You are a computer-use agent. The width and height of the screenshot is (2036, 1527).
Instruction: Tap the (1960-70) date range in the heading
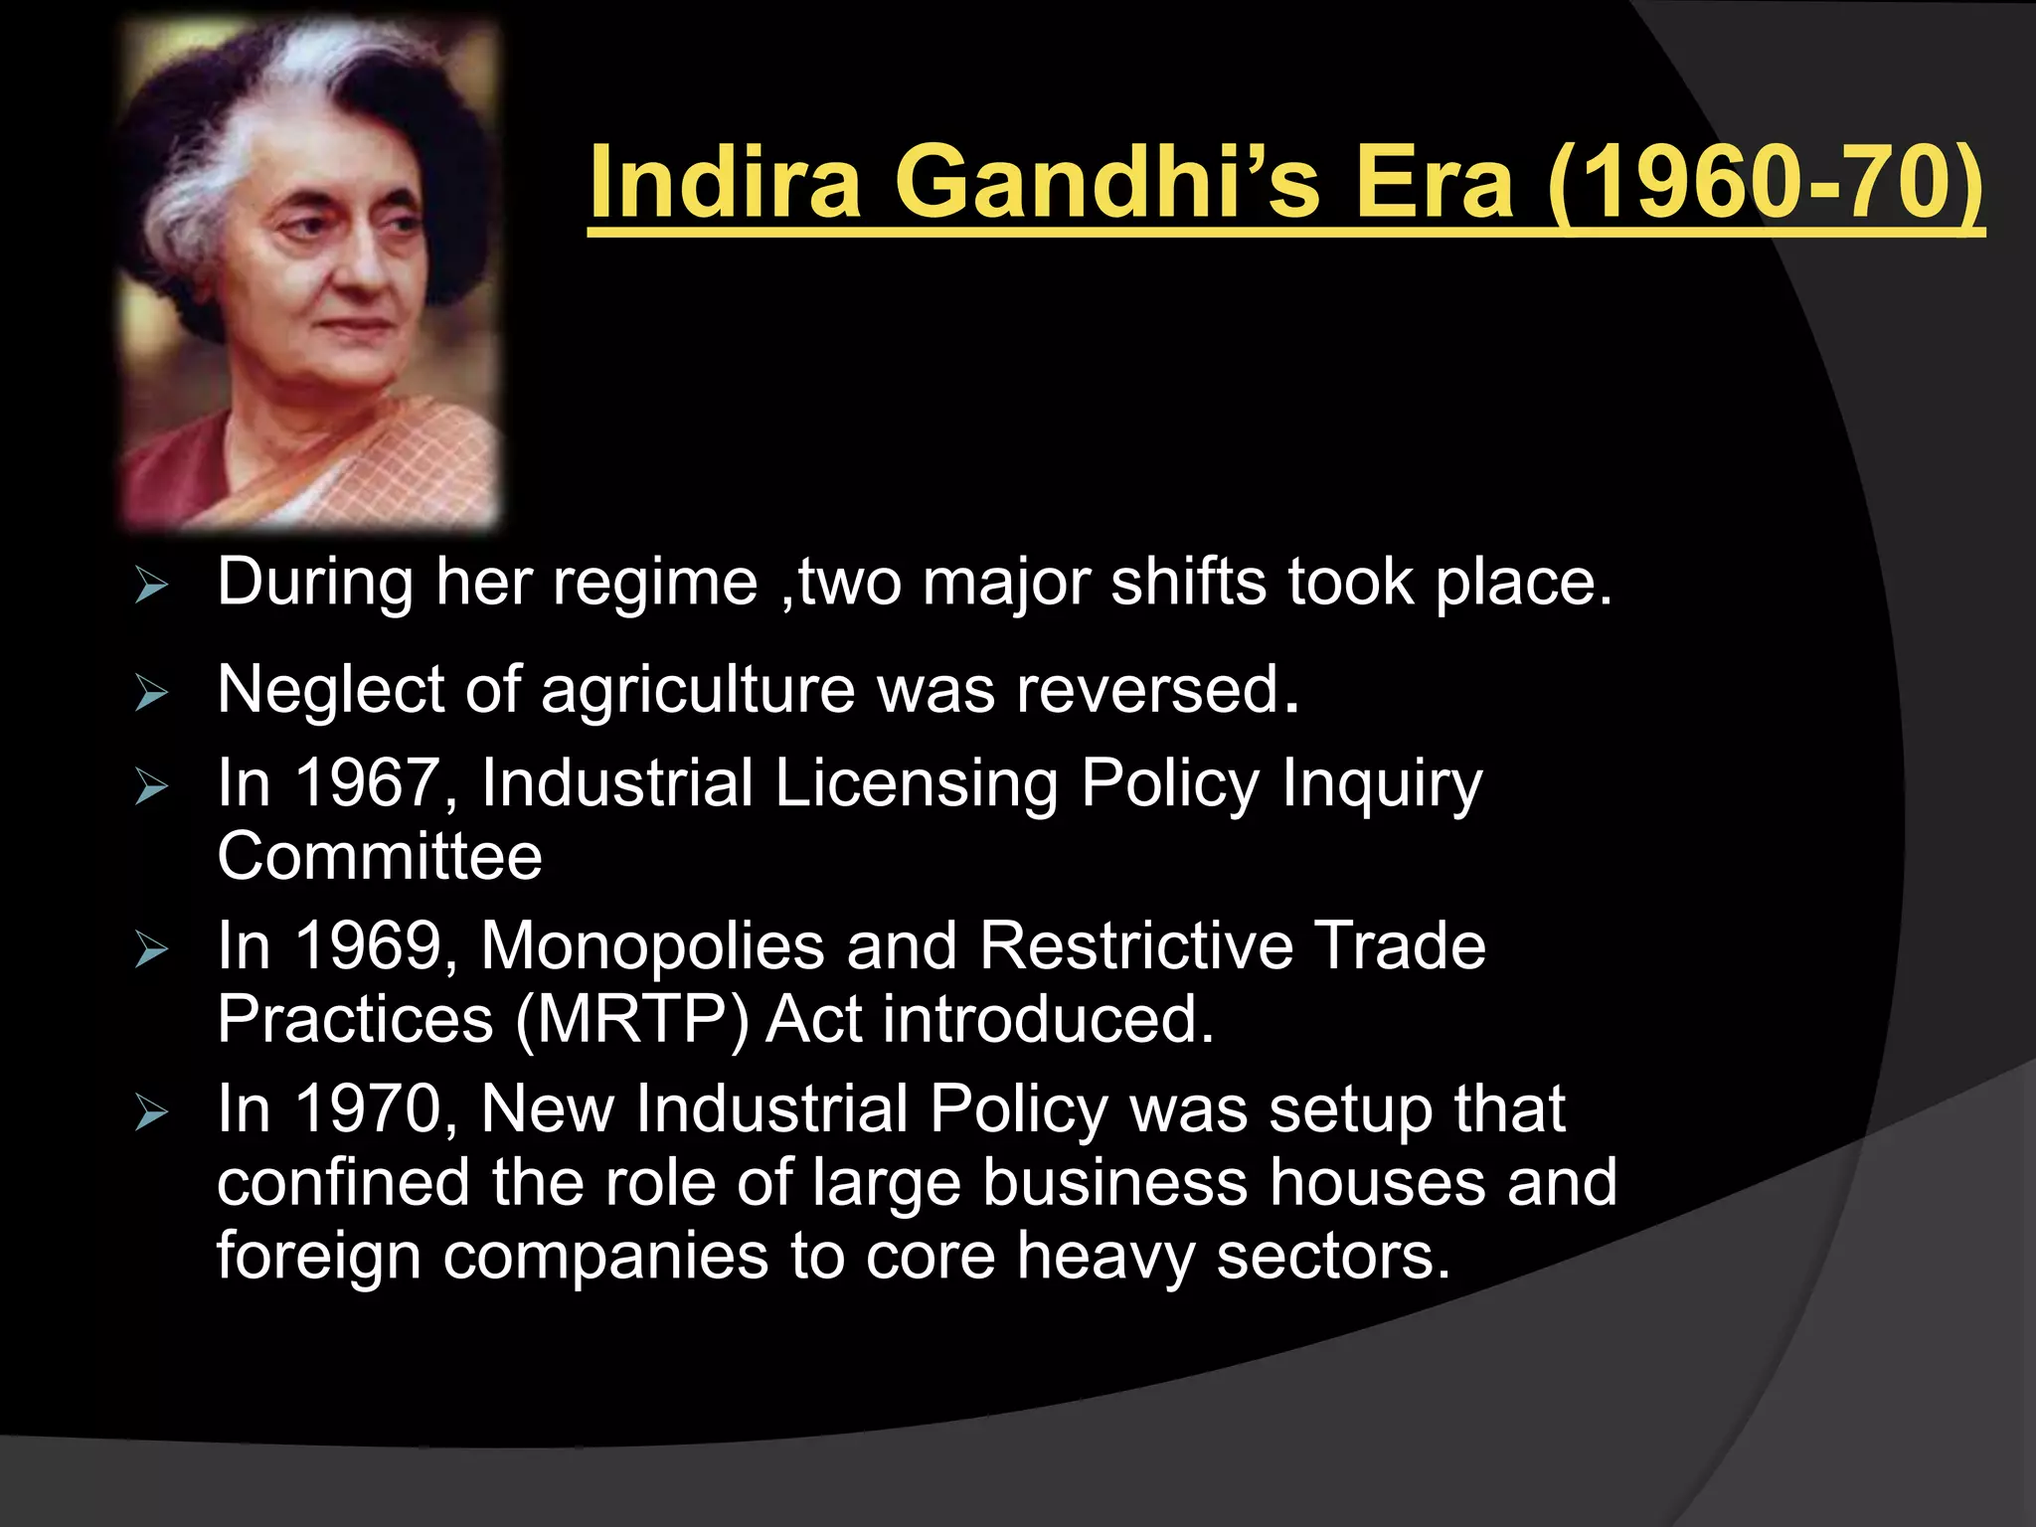click(1766, 183)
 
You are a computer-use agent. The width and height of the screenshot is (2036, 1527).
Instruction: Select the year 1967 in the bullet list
click(367, 783)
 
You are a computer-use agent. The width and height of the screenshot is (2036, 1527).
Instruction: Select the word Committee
click(380, 857)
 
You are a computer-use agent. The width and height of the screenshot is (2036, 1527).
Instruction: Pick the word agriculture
click(697, 690)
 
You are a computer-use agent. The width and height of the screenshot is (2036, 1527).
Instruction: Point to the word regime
click(655, 583)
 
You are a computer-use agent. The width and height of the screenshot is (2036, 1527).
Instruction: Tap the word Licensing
click(916, 783)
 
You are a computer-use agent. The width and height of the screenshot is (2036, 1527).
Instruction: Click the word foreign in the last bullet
click(319, 1257)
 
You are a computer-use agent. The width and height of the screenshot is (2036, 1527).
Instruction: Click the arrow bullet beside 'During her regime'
click(151, 586)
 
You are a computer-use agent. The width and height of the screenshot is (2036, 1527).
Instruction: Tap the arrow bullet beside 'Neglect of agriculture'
click(151, 692)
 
